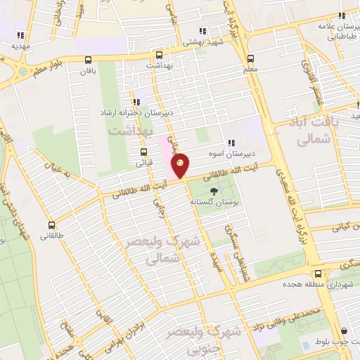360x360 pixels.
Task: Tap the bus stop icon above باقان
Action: tap(88, 60)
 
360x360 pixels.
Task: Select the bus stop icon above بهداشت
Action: tap(159, 55)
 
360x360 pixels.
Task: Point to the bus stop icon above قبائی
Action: tap(144, 151)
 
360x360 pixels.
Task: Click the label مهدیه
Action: tap(20, 46)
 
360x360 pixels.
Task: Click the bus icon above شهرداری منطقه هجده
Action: tap(319, 273)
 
